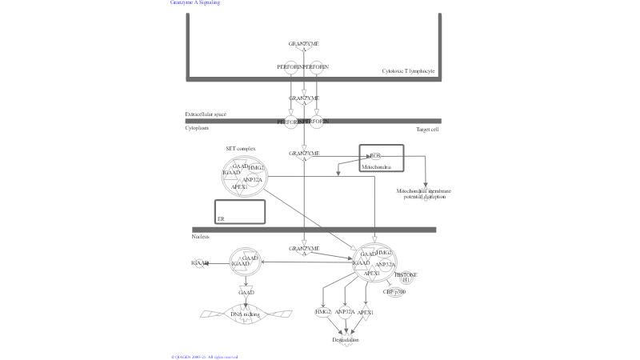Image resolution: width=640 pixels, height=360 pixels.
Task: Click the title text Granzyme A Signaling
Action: tap(195, 2)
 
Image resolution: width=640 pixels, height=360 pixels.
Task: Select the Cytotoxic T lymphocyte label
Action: tap(408, 71)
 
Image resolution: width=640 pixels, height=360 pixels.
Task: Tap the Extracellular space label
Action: tap(206, 114)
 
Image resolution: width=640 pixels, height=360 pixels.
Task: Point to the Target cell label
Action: tap(427, 129)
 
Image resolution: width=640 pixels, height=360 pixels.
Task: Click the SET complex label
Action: tap(240, 149)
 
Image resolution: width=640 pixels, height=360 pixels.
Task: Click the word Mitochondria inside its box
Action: tap(376, 167)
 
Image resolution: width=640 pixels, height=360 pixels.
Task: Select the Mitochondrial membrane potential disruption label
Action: tap(423, 194)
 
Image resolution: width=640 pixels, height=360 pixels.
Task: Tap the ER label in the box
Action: tap(221, 218)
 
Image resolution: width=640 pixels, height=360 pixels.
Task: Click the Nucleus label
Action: tap(200, 237)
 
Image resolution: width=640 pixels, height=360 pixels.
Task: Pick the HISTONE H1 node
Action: tap(406, 277)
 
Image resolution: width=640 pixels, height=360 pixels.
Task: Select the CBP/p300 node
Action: tap(394, 292)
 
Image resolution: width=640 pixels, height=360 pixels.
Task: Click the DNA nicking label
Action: tap(246, 314)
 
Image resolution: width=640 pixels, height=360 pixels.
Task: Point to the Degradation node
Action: tap(346, 340)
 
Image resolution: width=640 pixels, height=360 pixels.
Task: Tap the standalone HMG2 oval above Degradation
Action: tap(323, 312)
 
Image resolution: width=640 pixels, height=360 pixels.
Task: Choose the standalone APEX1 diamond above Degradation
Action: tap(366, 313)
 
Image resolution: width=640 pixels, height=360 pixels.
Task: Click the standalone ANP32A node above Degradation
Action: tap(345, 313)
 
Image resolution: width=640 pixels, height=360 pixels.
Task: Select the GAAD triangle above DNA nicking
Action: tap(246, 293)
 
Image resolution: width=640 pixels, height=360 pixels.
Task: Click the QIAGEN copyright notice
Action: tap(205, 357)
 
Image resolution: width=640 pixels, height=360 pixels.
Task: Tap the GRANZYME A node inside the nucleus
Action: tap(304, 250)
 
